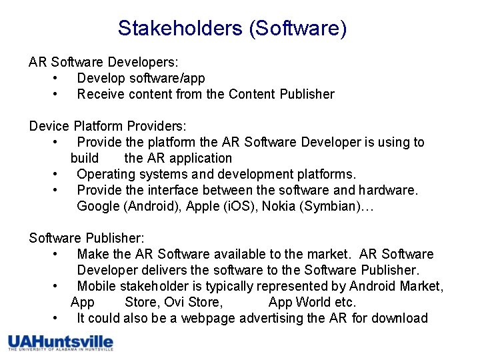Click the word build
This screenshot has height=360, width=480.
pyautogui.click(x=85, y=158)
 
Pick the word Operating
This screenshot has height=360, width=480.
pyautogui.click(x=105, y=174)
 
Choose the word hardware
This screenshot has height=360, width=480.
pyautogui.click(x=389, y=190)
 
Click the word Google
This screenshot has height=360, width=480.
pyautogui.click(x=99, y=206)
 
